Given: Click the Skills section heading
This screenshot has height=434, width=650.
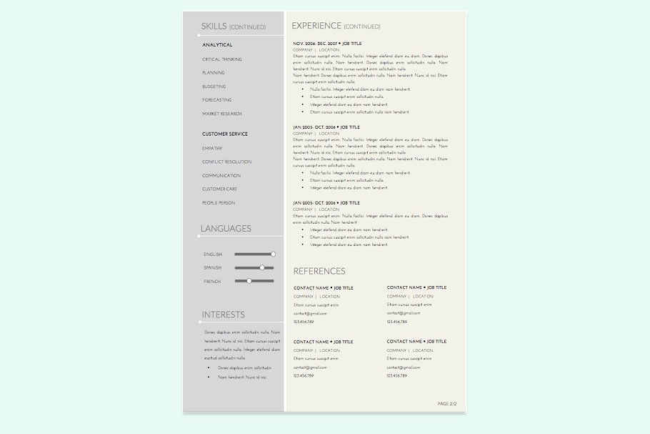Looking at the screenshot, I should [214, 26].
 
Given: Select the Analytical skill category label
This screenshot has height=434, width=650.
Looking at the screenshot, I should [217, 45].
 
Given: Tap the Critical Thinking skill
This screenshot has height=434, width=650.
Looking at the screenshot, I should [221, 59].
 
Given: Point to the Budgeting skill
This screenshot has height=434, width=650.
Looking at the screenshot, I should [214, 87].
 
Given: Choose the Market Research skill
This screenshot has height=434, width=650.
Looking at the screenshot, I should [221, 114].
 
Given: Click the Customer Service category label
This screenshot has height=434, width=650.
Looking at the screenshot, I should [224, 134].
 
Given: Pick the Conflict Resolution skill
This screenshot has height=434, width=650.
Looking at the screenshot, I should [226, 162].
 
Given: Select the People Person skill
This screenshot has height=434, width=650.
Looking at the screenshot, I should [218, 203].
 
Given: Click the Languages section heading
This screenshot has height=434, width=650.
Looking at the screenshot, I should [226, 229].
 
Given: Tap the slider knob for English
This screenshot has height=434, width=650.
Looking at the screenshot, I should [273, 254].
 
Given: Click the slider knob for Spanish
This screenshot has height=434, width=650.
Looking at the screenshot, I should [262, 267].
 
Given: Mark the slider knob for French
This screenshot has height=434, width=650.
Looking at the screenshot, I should [249, 281].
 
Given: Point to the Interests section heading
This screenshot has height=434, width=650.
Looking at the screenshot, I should [223, 315].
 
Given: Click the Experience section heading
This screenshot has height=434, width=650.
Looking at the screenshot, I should [316, 26].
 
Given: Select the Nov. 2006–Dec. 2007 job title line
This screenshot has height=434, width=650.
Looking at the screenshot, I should [327, 44].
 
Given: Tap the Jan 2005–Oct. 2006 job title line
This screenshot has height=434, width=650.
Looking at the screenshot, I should [326, 127].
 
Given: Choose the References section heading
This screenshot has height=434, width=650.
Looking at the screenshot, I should [319, 271].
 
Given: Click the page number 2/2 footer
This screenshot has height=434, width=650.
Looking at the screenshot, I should [446, 404].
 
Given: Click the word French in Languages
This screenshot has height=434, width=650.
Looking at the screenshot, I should [212, 282].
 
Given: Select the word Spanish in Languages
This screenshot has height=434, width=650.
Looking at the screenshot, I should [212, 268].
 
